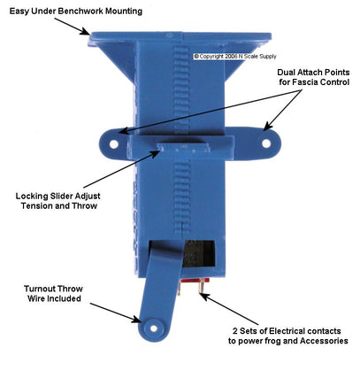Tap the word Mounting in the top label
point(124,12)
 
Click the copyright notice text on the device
point(235,56)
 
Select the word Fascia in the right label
point(306,81)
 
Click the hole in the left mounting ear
point(113,144)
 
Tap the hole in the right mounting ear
point(266,143)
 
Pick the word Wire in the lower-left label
point(36,298)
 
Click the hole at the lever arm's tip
point(154,328)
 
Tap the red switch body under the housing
point(195,281)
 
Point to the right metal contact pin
point(201,286)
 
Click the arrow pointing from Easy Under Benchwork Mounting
point(72,27)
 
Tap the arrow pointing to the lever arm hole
point(116,313)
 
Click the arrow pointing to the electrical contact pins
point(230,309)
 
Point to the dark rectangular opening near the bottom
point(200,253)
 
